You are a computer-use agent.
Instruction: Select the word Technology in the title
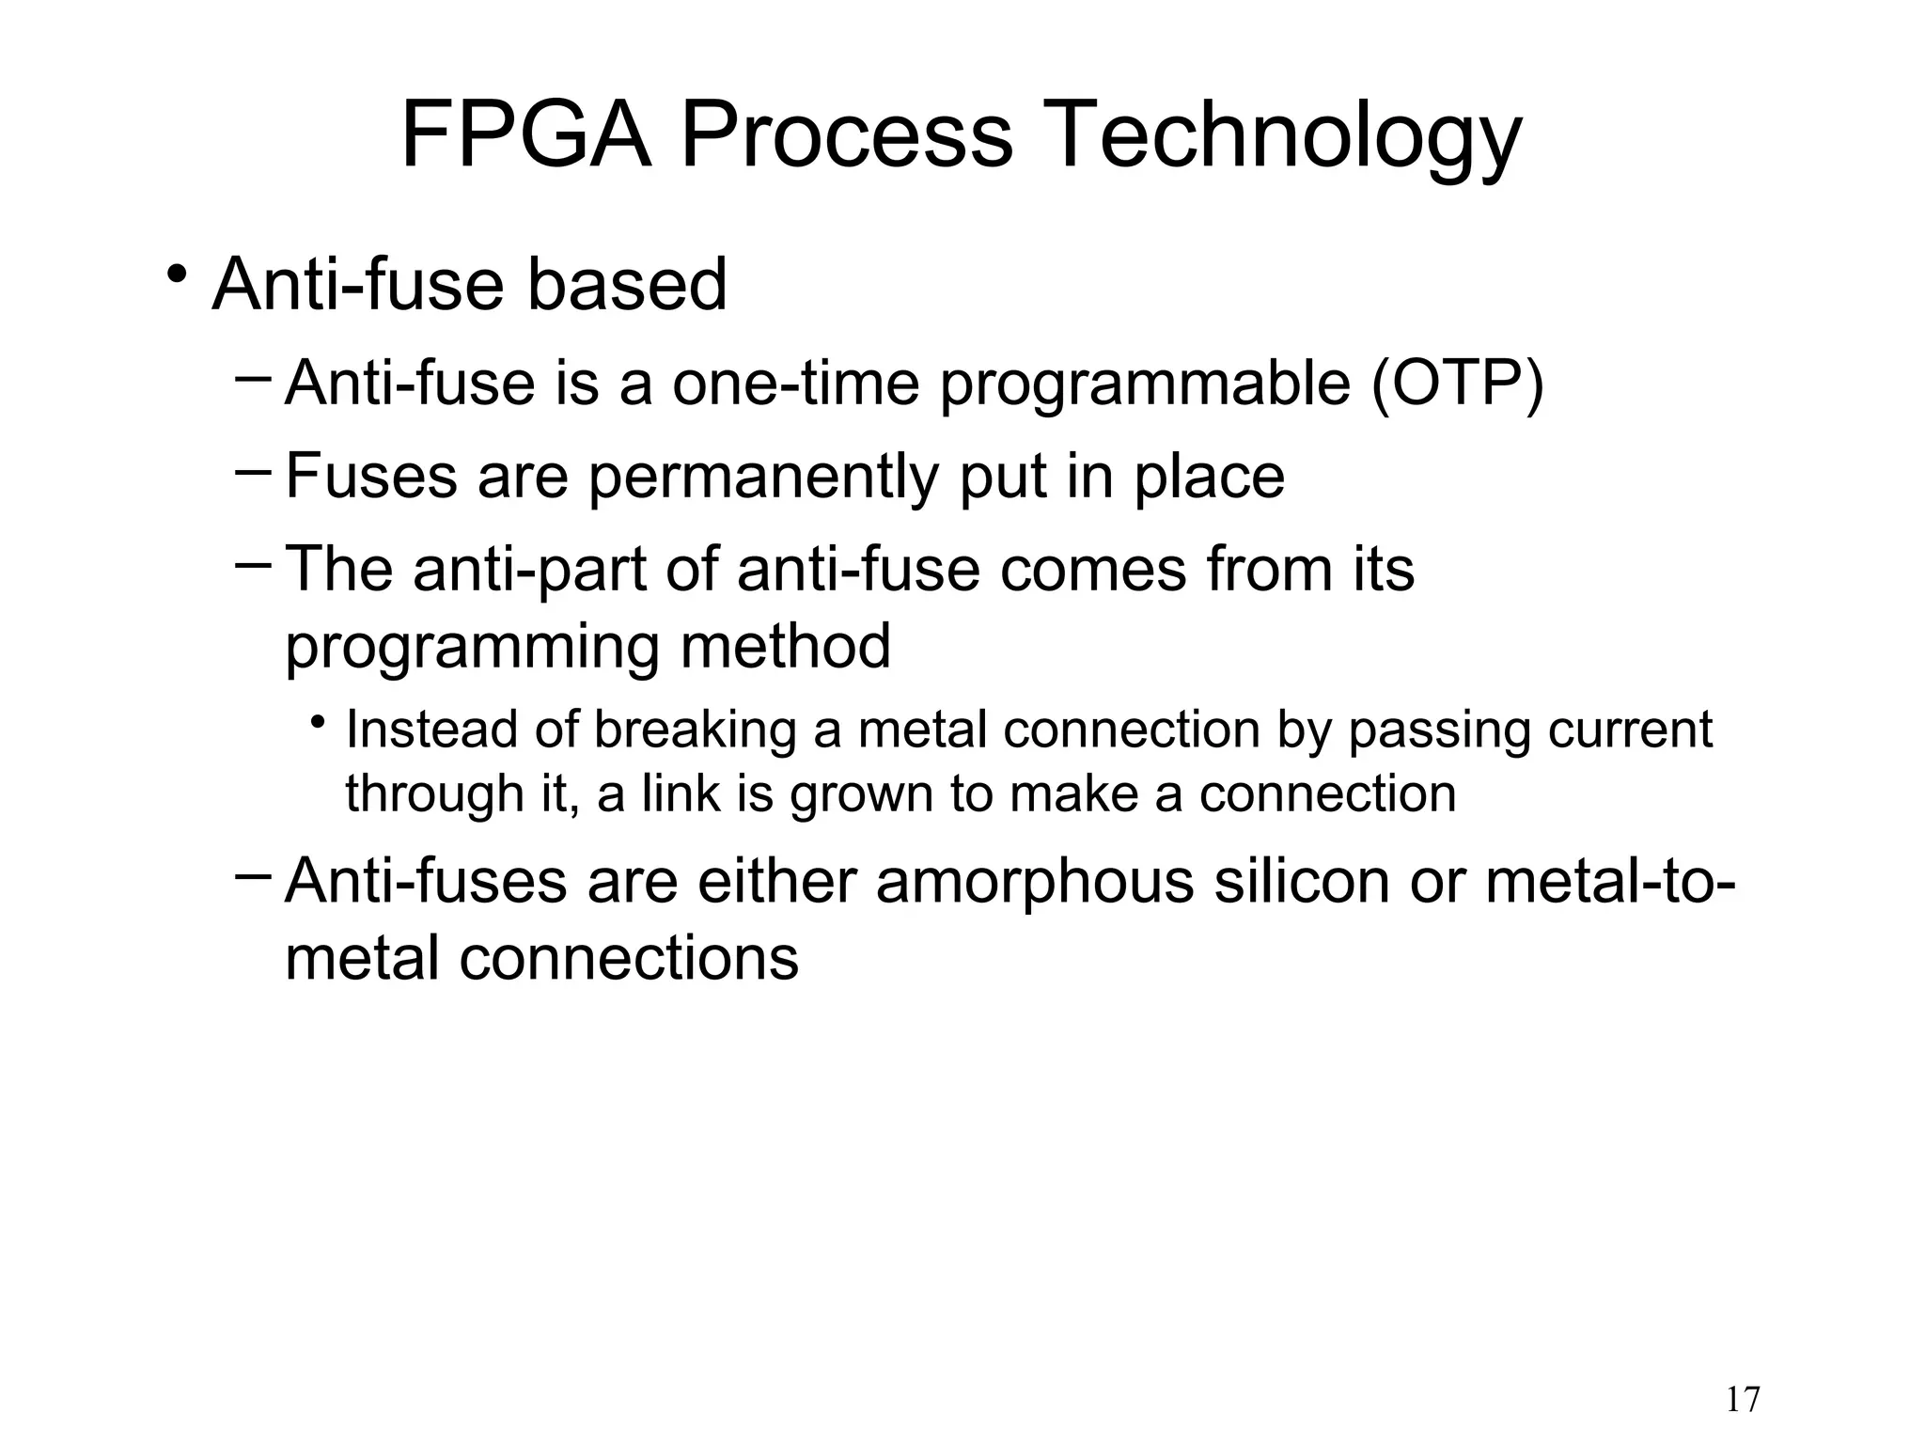(x=1280, y=138)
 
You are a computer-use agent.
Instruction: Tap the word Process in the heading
(x=846, y=136)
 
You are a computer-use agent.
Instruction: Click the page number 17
(x=1743, y=1400)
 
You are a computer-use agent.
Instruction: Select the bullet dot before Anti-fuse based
(x=175, y=275)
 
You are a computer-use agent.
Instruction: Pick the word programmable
(x=1145, y=385)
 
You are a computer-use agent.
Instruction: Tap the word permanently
(x=763, y=478)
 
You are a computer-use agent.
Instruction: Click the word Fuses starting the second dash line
(x=371, y=476)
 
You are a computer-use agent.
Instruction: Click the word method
(x=785, y=647)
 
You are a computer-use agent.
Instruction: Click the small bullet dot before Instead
(x=320, y=723)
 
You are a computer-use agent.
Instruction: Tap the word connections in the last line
(x=628, y=959)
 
